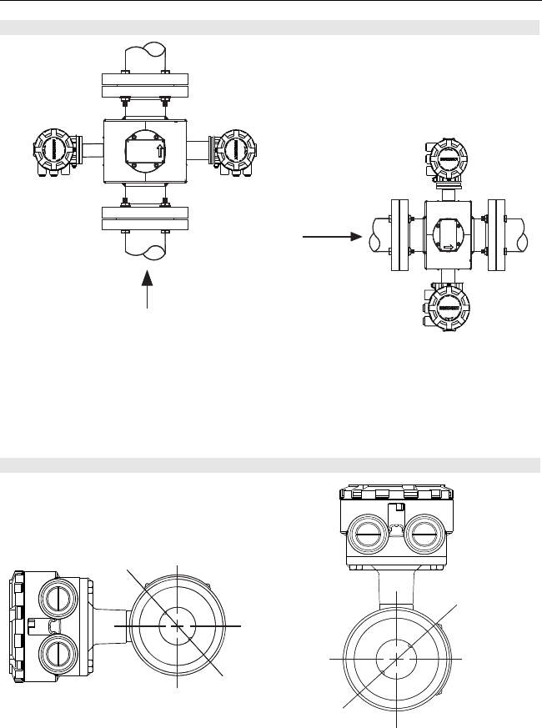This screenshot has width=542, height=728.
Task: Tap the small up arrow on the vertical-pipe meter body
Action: (x=160, y=151)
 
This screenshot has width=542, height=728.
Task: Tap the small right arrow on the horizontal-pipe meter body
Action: (x=449, y=247)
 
